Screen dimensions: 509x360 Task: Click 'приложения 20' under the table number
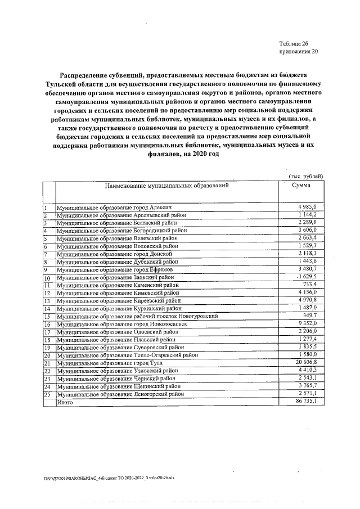click(298, 52)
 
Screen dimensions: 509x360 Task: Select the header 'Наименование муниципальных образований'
click(166, 185)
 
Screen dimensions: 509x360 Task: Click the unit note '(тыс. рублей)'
click(305, 176)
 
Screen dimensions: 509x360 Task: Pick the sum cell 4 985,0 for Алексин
click(311, 208)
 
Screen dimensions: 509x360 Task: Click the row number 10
click(47, 278)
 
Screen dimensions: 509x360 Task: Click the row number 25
click(47, 395)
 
